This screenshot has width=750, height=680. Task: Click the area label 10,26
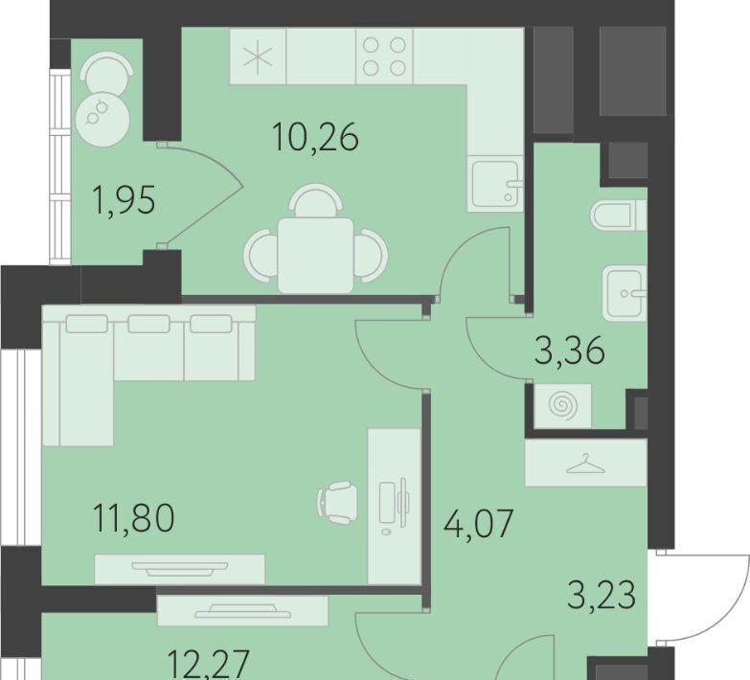point(315,137)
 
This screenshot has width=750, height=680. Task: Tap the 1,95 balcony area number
point(125,200)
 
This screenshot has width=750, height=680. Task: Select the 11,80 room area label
point(134,518)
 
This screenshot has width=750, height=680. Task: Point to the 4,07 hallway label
point(478,524)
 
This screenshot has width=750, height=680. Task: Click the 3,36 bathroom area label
point(569,351)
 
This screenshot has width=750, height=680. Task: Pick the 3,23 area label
point(602,595)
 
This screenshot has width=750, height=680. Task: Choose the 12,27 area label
point(209,665)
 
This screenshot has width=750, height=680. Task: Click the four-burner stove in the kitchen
point(384,57)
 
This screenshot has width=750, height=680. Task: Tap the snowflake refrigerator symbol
point(258,57)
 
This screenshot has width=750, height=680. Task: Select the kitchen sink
point(495,183)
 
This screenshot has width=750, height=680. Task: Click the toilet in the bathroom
point(619,215)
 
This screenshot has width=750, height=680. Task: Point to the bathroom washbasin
point(625,294)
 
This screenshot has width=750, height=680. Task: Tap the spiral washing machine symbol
point(562,406)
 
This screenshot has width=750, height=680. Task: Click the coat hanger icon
point(585,464)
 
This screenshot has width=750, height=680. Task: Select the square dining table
point(316,256)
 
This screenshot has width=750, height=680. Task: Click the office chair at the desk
point(337,503)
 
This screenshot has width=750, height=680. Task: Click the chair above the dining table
point(316,201)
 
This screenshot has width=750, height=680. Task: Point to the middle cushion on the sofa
point(148,324)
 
